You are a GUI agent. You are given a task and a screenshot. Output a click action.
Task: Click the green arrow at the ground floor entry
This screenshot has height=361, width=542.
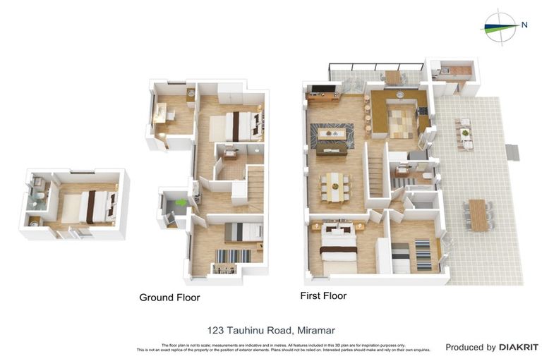(x=181, y=203)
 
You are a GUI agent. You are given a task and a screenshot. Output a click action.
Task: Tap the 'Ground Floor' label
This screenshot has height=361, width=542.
(x=169, y=298)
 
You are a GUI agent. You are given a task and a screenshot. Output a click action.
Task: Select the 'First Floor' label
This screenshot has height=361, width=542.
(x=323, y=296)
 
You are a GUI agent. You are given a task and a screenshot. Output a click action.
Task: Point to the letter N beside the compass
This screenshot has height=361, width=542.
(x=524, y=25)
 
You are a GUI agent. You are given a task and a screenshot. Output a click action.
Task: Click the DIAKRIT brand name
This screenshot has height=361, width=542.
(x=519, y=347)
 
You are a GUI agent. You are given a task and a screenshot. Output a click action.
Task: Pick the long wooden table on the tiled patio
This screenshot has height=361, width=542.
(x=478, y=214)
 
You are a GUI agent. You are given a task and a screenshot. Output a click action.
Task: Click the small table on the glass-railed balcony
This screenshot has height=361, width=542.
(x=392, y=76)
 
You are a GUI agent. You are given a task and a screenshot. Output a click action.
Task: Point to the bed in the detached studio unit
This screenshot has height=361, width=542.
(x=88, y=207)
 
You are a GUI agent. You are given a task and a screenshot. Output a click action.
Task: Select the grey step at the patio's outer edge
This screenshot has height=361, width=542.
(x=513, y=152)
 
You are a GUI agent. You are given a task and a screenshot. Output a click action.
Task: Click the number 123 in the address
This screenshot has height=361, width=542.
(x=218, y=330)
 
